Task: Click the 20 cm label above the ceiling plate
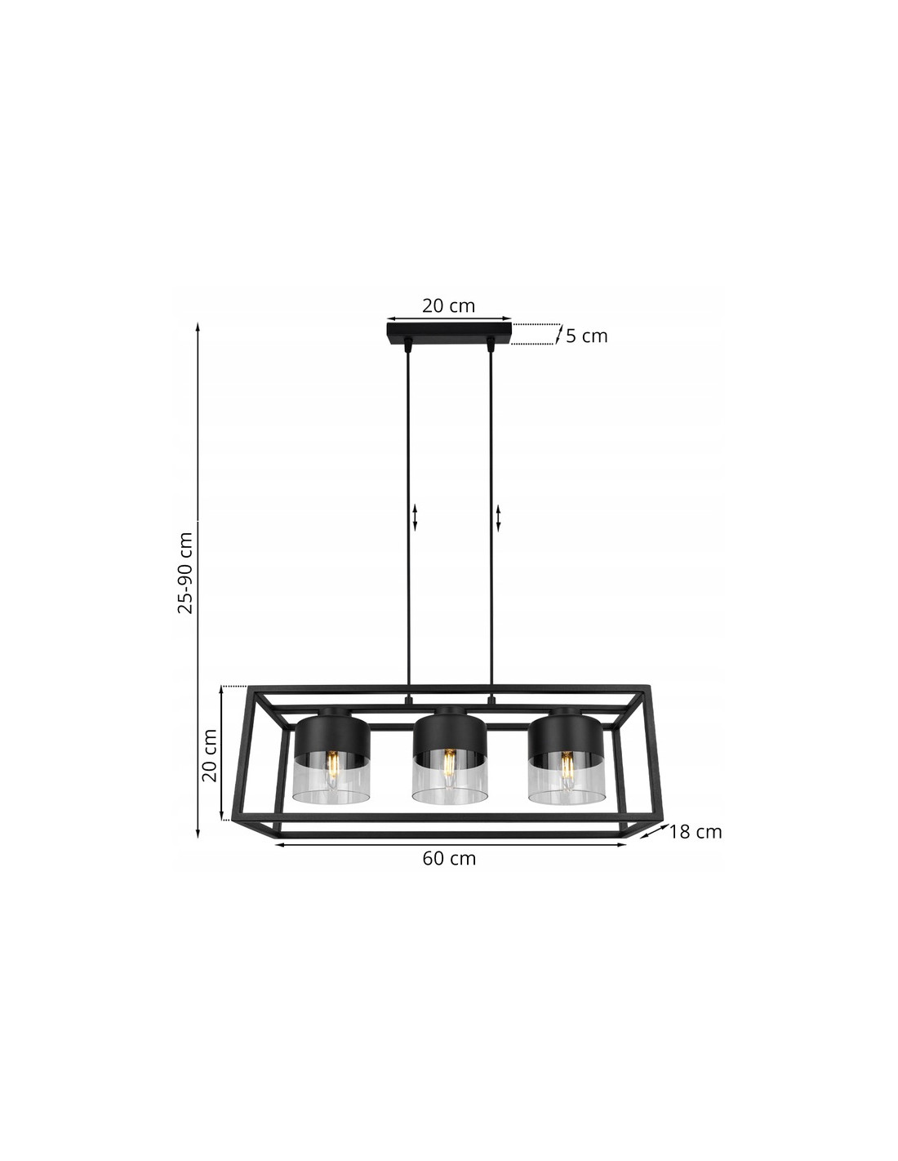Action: pyautogui.click(x=448, y=305)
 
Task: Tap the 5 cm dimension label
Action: pyautogui.click(x=587, y=336)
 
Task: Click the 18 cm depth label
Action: pyautogui.click(x=695, y=831)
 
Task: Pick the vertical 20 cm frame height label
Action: pyautogui.click(x=210, y=755)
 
